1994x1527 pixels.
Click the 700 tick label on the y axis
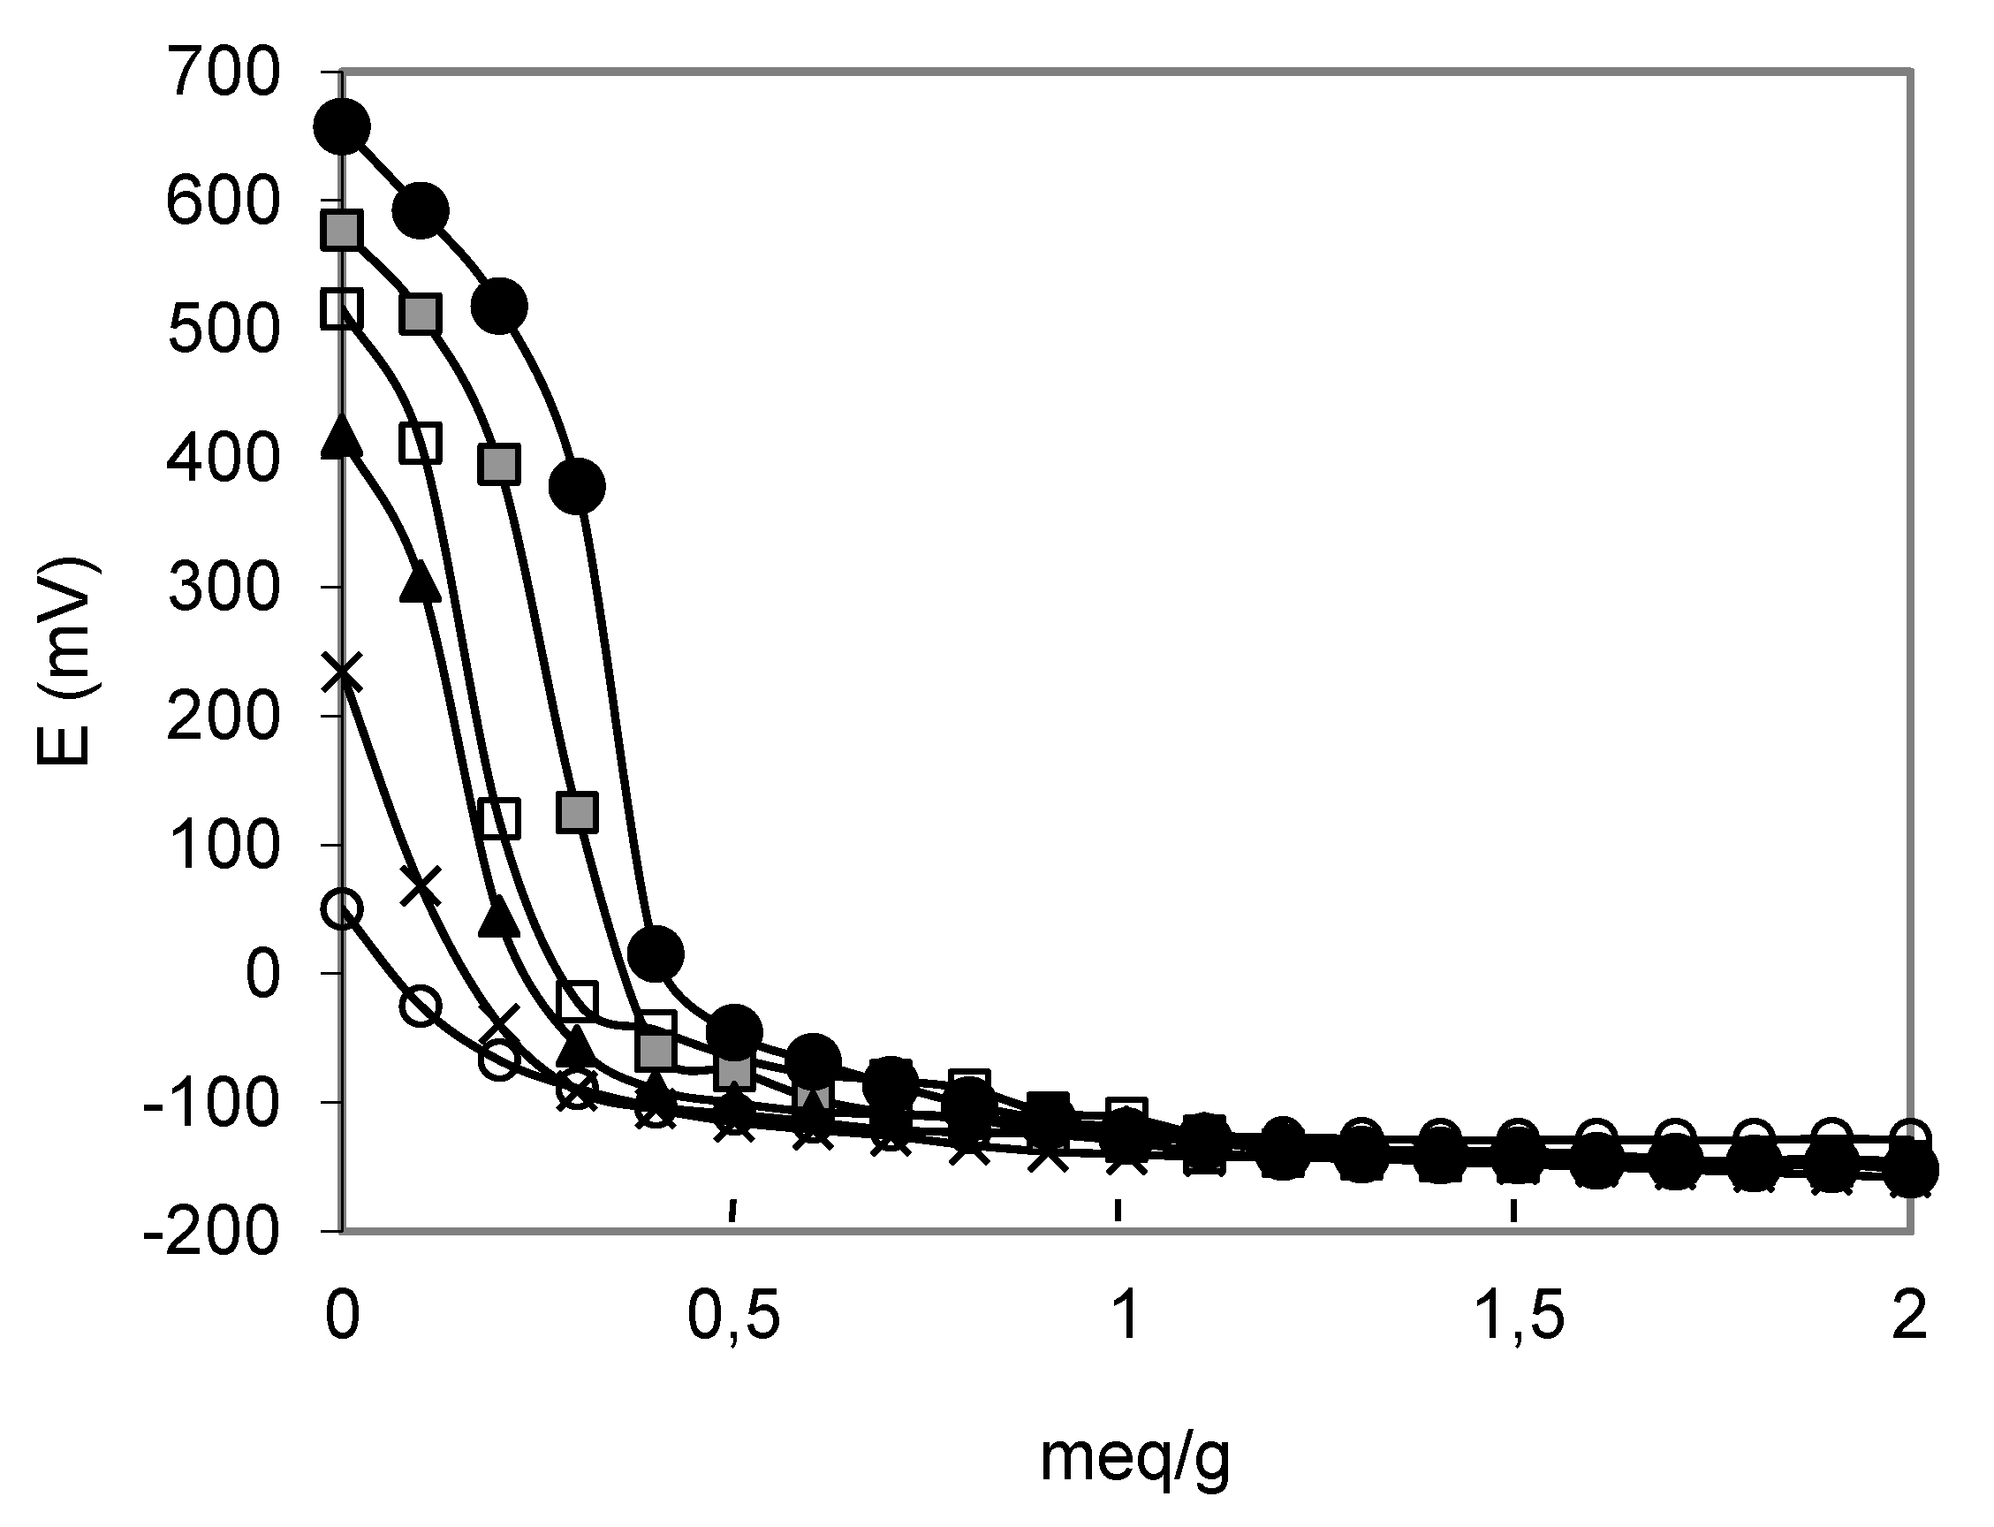coord(223,72)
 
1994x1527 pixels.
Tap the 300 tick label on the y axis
coord(223,588)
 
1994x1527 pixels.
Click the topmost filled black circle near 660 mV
coord(342,127)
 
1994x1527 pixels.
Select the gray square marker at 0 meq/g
coord(342,230)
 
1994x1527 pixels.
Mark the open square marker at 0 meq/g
coord(342,309)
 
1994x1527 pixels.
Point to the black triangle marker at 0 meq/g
coord(342,437)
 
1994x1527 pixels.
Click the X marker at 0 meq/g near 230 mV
coord(342,673)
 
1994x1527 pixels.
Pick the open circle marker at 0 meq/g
coord(342,908)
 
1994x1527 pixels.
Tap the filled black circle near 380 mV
coord(577,487)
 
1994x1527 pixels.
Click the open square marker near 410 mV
coord(420,444)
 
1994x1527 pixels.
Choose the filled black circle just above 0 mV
coord(656,953)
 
